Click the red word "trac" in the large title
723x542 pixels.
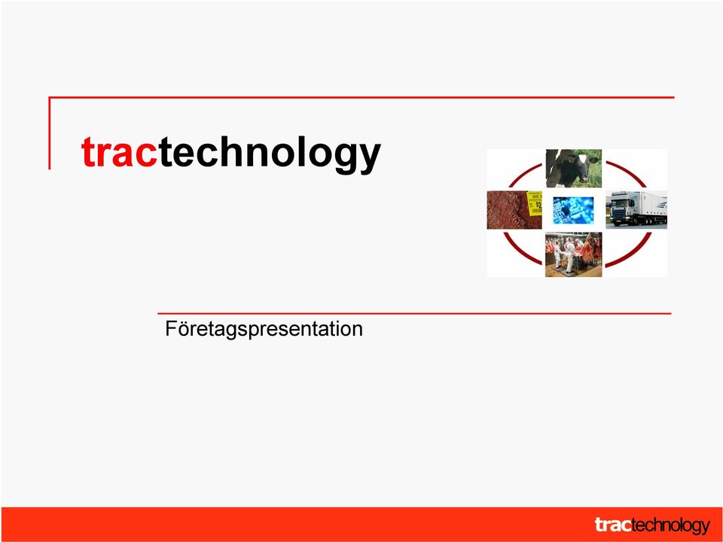(x=120, y=152)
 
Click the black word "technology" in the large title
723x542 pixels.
(x=270, y=154)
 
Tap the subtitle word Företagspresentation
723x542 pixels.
(x=264, y=329)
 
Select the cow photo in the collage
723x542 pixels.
(x=574, y=168)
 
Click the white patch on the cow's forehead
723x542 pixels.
(x=582, y=159)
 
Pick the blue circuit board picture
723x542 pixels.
(x=573, y=210)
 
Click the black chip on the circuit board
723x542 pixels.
(x=566, y=210)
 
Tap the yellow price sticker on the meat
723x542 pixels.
(x=535, y=203)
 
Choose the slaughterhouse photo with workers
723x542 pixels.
(x=574, y=254)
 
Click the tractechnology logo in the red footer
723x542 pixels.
(x=652, y=525)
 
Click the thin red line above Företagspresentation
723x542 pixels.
(x=414, y=313)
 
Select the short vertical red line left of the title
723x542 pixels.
(x=50, y=133)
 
